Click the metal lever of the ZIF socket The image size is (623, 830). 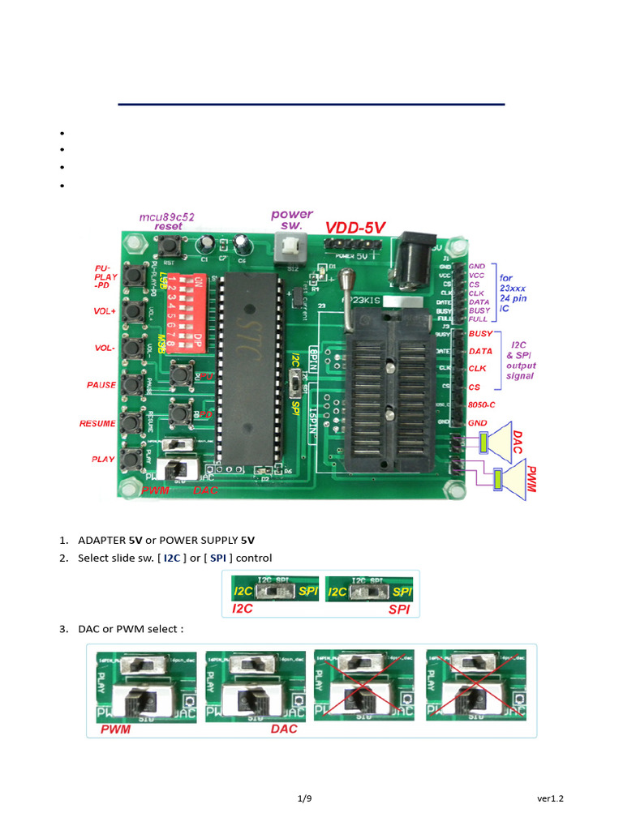tap(346, 297)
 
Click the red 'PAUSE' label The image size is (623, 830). tap(102, 385)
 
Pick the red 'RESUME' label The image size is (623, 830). tap(98, 423)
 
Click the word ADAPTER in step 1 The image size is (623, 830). tap(102, 540)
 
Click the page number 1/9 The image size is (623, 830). tap(304, 798)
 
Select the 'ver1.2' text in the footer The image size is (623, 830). tap(550, 798)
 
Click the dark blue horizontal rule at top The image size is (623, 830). tap(311, 105)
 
